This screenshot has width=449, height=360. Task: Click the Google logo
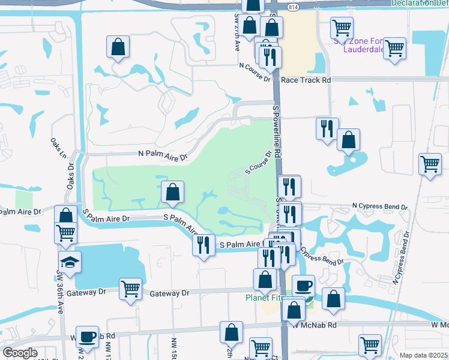tap(20, 353)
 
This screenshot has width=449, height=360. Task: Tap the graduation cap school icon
tap(70, 262)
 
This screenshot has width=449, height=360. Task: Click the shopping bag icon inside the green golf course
tap(172, 192)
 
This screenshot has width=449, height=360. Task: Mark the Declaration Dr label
tap(419, 3)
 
